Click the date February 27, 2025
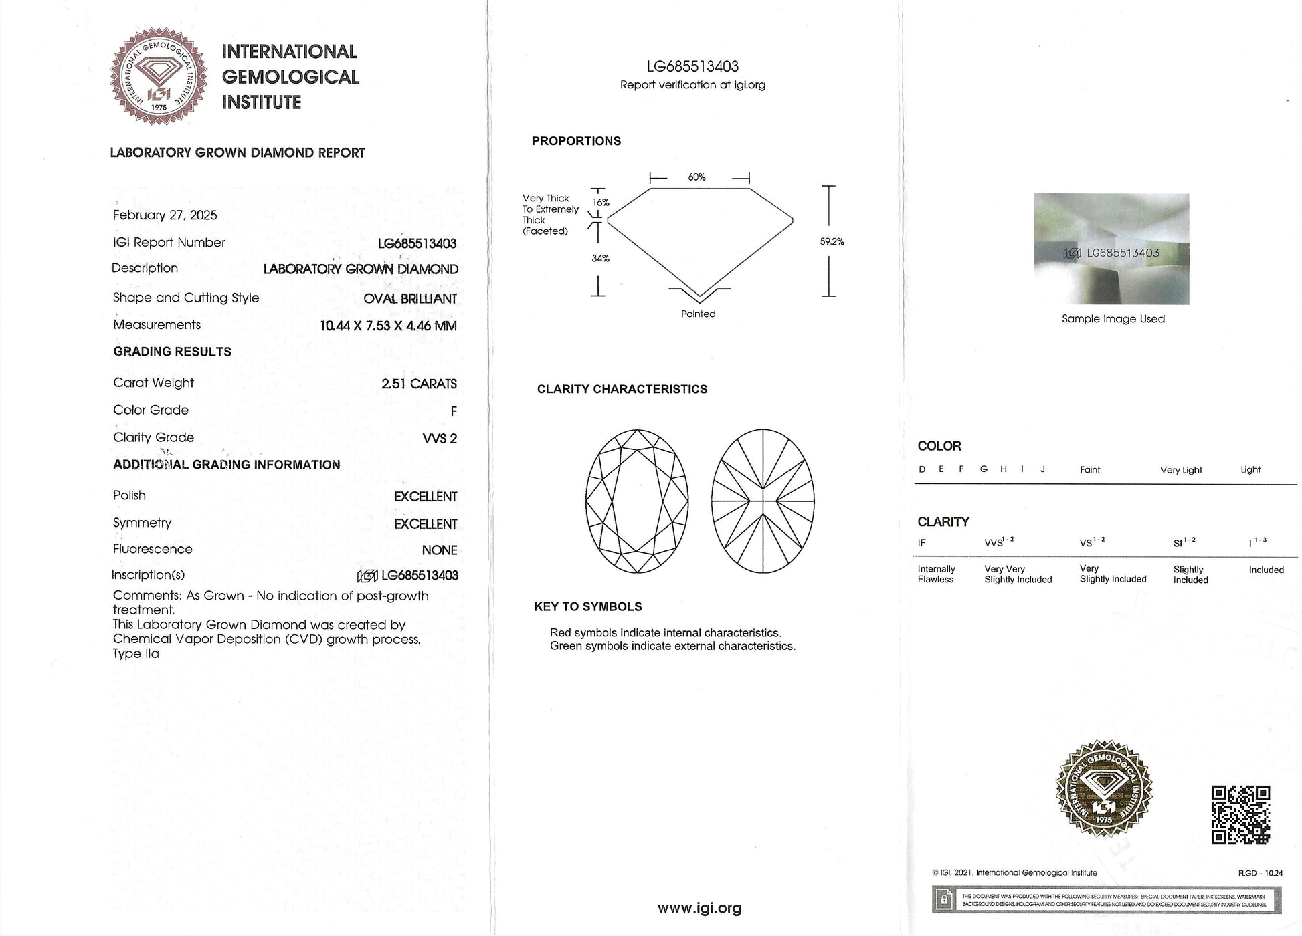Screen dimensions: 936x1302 click(165, 215)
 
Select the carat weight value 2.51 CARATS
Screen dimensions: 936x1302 click(419, 384)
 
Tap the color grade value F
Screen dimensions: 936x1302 click(454, 412)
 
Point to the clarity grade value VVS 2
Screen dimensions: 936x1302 click(440, 439)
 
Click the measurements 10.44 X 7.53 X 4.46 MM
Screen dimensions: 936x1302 click(388, 326)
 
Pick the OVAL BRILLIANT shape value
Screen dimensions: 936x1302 click(410, 299)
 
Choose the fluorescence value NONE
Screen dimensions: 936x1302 click(440, 550)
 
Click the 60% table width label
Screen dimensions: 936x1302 click(696, 177)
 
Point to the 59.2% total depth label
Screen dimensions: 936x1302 click(832, 242)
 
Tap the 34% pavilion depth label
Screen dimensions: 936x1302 click(600, 259)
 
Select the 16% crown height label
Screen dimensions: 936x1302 click(601, 203)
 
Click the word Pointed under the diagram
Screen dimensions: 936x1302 click(698, 314)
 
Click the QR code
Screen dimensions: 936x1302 click(1240, 815)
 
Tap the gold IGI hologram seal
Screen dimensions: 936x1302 click(1104, 788)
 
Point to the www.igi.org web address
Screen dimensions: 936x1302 click(699, 908)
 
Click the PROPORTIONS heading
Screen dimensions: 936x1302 click(576, 141)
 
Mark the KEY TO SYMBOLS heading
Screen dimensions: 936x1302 click(587, 607)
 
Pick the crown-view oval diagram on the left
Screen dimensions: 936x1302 click(637, 501)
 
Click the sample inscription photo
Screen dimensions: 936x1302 click(1111, 249)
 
